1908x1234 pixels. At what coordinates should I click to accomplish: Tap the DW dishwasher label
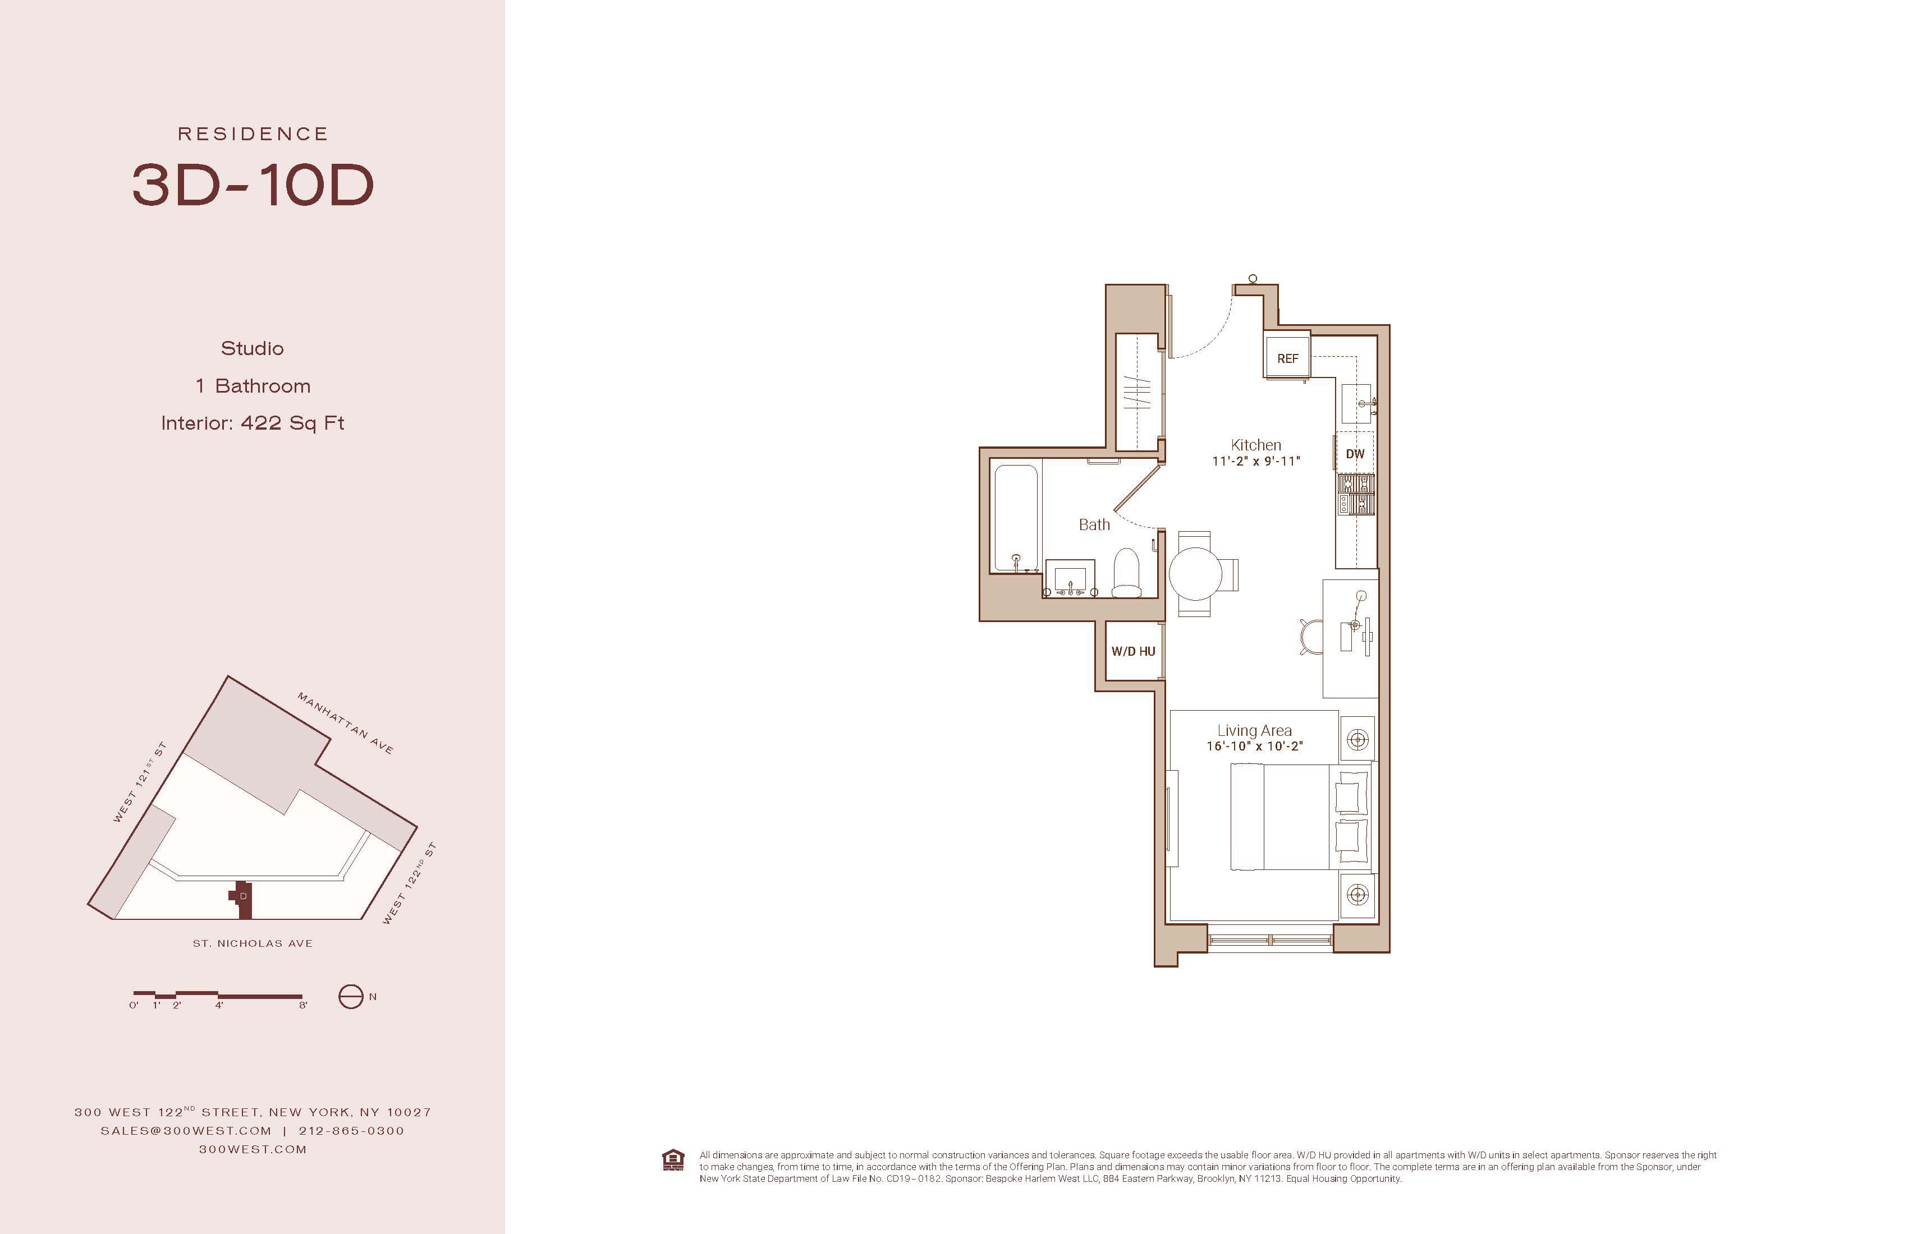coord(1355,454)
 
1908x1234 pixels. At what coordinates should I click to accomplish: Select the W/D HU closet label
coord(1133,651)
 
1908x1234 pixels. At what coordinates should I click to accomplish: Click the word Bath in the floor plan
coord(1094,525)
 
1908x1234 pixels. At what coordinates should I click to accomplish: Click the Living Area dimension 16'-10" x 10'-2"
coord(1255,746)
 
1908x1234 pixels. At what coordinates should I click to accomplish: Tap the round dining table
coord(1195,574)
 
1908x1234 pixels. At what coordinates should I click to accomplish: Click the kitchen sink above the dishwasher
coord(1356,404)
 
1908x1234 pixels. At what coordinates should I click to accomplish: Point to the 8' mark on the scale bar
coord(303,1005)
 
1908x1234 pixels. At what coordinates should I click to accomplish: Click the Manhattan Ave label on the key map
coord(345,723)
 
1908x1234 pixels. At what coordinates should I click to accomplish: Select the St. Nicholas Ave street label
coord(253,943)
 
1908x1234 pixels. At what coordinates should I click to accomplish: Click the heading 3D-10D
coord(253,185)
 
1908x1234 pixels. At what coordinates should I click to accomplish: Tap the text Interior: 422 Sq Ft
coord(253,423)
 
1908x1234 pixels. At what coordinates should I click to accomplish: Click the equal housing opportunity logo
coord(673,1161)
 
